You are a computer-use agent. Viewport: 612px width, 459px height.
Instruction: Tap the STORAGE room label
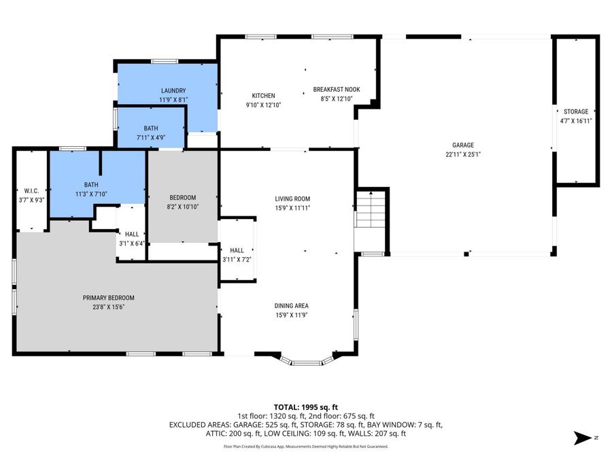click(x=576, y=112)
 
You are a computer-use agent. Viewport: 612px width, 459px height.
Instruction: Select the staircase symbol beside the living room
click(x=371, y=211)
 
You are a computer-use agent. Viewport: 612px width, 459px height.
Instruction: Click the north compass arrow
click(x=583, y=437)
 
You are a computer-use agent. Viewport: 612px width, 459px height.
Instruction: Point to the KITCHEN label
click(x=263, y=96)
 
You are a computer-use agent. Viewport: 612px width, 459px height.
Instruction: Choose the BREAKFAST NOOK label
click(x=336, y=89)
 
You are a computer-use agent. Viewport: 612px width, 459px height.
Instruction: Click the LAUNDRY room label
click(x=173, y=90)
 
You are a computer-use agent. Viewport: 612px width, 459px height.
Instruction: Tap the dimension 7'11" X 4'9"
click(x=151, y=137)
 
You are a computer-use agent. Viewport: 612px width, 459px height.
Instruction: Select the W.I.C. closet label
click(x=30, y=191)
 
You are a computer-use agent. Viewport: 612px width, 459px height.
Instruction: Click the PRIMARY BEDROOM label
click(x=109, y=298)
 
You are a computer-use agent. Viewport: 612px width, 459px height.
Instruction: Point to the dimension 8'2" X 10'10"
click(x=183, y=206)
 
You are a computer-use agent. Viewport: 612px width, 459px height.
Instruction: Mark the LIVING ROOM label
click(x=292, y=199)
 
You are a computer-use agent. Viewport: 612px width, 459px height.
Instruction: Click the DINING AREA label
click(x=292, y=305)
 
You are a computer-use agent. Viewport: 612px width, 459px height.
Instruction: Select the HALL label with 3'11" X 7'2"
click(x=237, y=250)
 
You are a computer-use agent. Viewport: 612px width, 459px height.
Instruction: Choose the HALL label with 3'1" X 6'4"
click(x=131, y=234)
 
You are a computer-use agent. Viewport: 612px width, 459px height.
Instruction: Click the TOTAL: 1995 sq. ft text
click(x=305, y=407)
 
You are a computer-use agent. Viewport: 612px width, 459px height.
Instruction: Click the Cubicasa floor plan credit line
click(x=305, y=447)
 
